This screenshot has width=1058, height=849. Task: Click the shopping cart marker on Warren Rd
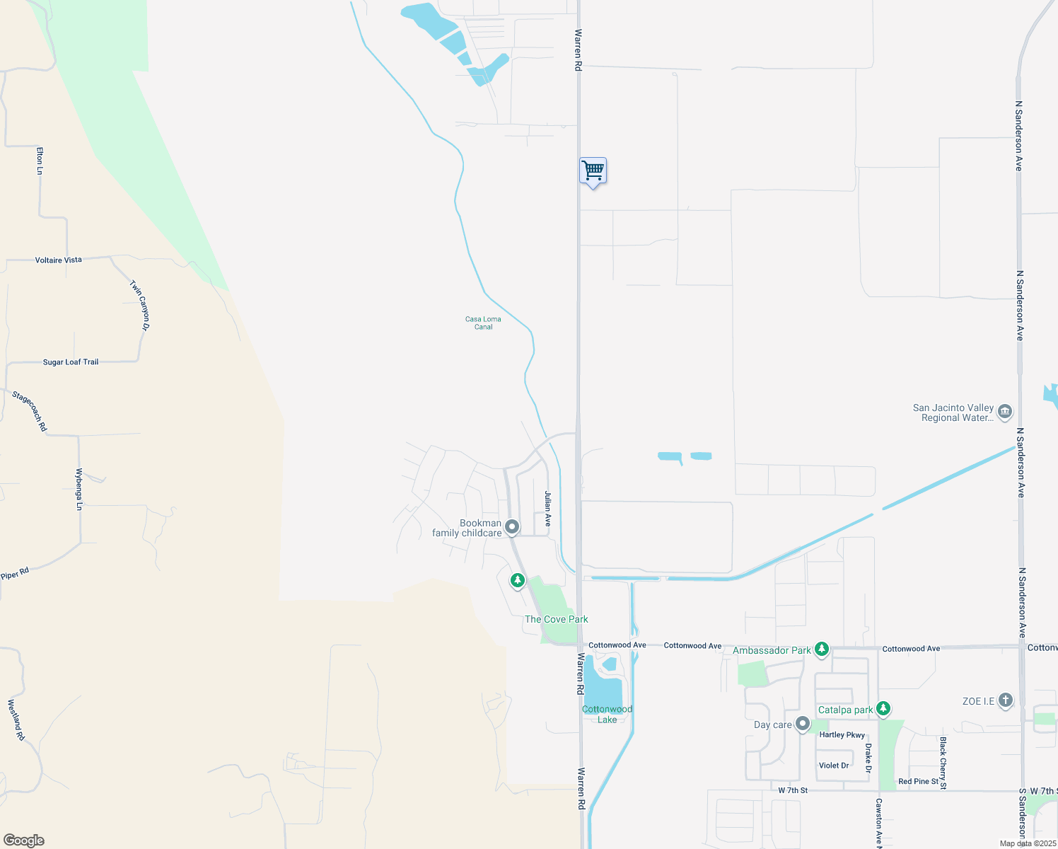pyautogui.click(x=593, y=171)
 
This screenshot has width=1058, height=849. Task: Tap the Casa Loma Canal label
pyautogui.click(x=483, y=323)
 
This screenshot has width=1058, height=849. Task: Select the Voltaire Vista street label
pyautogui.click(x=59, y=260)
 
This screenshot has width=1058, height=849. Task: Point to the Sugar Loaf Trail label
pyautogui.click(x=71, y=362)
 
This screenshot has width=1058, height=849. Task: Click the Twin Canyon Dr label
pyautogui.click(x=140, y=306)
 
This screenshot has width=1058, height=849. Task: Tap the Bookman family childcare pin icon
pyautogui.click(x=512, y=527)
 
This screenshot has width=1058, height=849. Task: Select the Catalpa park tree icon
pyautogui.click(x=883, y=708)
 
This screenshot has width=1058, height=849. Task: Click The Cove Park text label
pyautogui.click(x=556, y=619)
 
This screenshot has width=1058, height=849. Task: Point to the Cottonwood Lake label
pyautogui.click(x=607, y=714)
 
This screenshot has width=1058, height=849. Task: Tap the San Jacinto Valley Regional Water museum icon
pyautogui.click(x=1005, y=411)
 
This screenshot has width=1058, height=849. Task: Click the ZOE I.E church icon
pyautogui.click(x=1005, y=701)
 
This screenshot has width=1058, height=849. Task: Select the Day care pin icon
pyautogui.click(x=802, y=724)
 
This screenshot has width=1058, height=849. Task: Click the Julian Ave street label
pyautogui.click(x=547, y=509)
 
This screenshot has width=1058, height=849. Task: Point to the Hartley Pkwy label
pyautogui.click(x=842, y=735)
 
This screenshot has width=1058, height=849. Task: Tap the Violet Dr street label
pyautogui.click(x=834, y=766)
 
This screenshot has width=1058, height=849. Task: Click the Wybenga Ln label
pyautogui.click(x=79, y=489)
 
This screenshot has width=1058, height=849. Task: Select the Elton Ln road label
pyautogui.click(x=40, y=161)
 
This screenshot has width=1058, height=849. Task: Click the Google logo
pyautogui.click(x=24, y=841)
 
